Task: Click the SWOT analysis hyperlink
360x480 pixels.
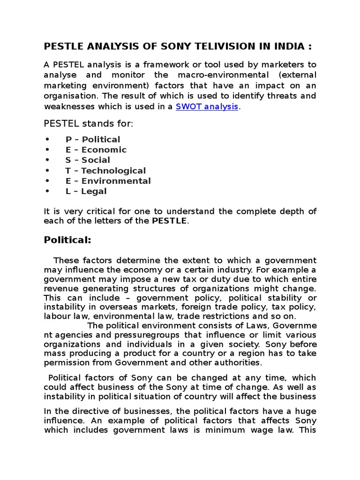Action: pos(207,106)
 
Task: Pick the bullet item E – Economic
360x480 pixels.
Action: pos(96,150)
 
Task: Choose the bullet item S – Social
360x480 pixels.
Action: pos(88,160)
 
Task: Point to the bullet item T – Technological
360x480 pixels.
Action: pos(105,171)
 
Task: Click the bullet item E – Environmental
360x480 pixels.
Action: pos(108,181)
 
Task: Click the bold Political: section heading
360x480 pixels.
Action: pos(67,240)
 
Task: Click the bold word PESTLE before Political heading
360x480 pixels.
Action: pos(169,221)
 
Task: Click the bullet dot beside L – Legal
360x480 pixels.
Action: pos(47,191)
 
